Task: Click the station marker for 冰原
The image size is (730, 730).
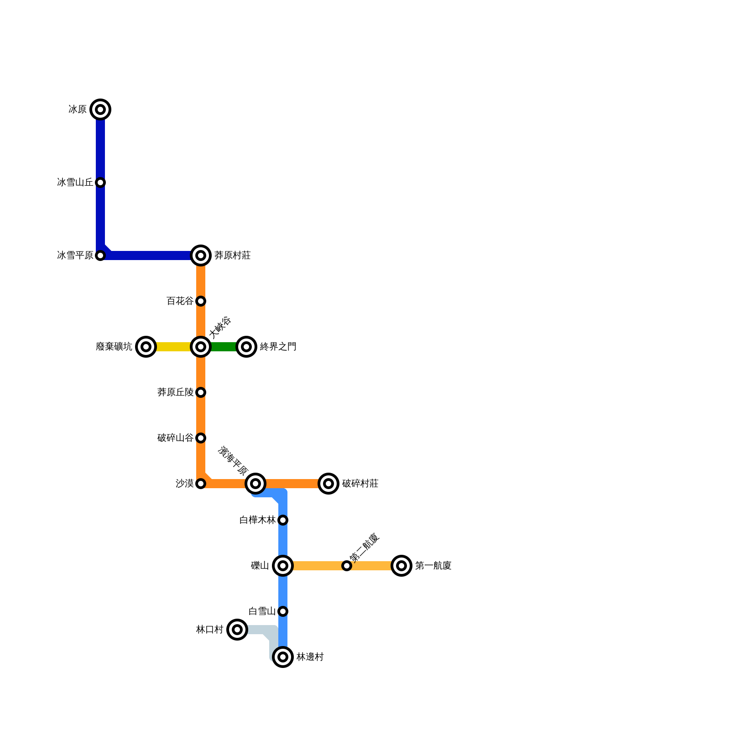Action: [x=100, y=109]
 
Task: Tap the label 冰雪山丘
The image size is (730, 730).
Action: [x=75, y=182]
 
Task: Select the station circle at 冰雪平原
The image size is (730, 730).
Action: [x=100, y=255]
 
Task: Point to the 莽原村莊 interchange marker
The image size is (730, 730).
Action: [x=201, y=255]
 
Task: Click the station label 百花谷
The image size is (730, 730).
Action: [x=180, y=301]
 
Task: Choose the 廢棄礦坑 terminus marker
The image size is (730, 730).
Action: [x=146, y=347]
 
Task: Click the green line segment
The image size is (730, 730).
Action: [x=224, y=347]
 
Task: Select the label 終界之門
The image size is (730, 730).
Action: [x=278, y=347]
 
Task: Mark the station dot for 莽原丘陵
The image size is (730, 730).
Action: [x=201, y=392]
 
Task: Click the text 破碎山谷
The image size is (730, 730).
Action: [x=175, y=438]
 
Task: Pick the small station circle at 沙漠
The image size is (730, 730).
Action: [x=201, y=484]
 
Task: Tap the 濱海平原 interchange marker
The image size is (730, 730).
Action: [x=255, y=484]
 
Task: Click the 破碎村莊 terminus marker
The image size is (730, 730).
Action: [x=328, y=484]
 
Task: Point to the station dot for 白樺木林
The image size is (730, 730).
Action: [x=283, y=520]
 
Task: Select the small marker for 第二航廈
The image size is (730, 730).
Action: [x=347, y=566]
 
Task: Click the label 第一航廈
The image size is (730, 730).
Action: [x=433, y=566]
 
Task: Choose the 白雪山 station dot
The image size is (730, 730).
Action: [x=283, y=611]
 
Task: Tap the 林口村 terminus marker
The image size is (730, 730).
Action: [x=237, y=630]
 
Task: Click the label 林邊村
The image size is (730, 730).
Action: [x=310, y=657]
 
